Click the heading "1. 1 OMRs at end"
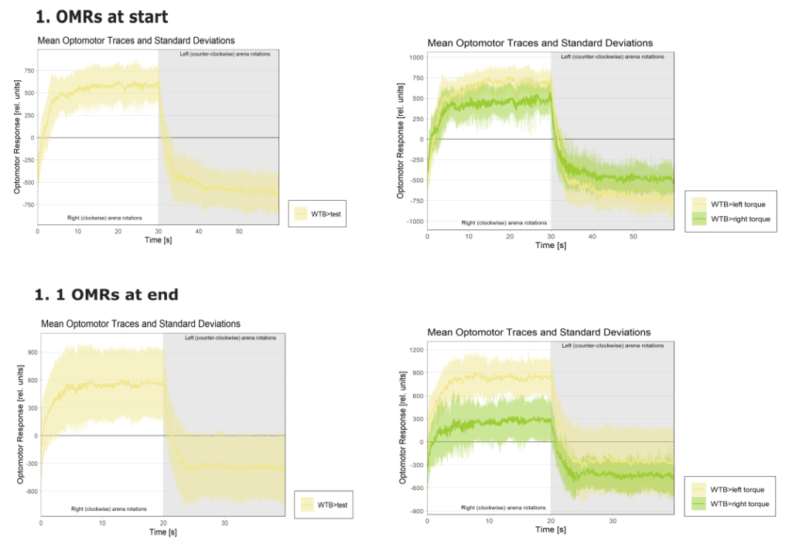(x=107, y=294)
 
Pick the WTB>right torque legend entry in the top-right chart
(x=740, y=219)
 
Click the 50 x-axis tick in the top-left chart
(x=239, y=231)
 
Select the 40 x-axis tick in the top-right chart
(x=592, y=236)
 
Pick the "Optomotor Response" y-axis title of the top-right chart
(x=401, y=141)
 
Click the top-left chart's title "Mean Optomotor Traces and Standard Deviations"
(x=136, y=40)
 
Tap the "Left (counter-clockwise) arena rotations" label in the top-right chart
(x=612, y=56)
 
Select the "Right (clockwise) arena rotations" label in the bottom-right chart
(x=503, y=508)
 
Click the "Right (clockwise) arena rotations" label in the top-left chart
(x=104, y=218)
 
